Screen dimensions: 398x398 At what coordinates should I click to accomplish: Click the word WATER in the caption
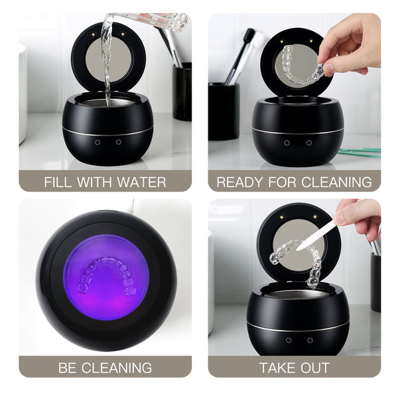click(141, 182)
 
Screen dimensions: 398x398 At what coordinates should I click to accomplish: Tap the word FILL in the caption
click(53, 182)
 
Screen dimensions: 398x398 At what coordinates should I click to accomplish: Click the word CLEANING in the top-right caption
click(336, 182)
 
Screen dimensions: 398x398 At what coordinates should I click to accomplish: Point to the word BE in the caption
click(67, 367)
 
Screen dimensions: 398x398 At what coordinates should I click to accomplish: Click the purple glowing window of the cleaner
click(106, 277)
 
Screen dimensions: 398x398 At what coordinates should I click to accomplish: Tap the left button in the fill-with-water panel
click(98, 143)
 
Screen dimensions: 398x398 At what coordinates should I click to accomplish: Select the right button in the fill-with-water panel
click(119, 142)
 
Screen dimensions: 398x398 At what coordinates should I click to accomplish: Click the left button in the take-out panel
click(289, 340)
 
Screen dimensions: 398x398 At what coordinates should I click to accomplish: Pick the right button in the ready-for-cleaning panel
click(309, 143)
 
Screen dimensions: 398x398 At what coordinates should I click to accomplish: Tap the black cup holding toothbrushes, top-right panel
click(224, 111)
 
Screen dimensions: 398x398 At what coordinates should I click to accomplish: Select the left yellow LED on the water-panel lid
click(93, 34)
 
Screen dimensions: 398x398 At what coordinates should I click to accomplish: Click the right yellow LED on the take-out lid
click(315, 217)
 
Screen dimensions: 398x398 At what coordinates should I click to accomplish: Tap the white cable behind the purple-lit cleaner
click(131, 206)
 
